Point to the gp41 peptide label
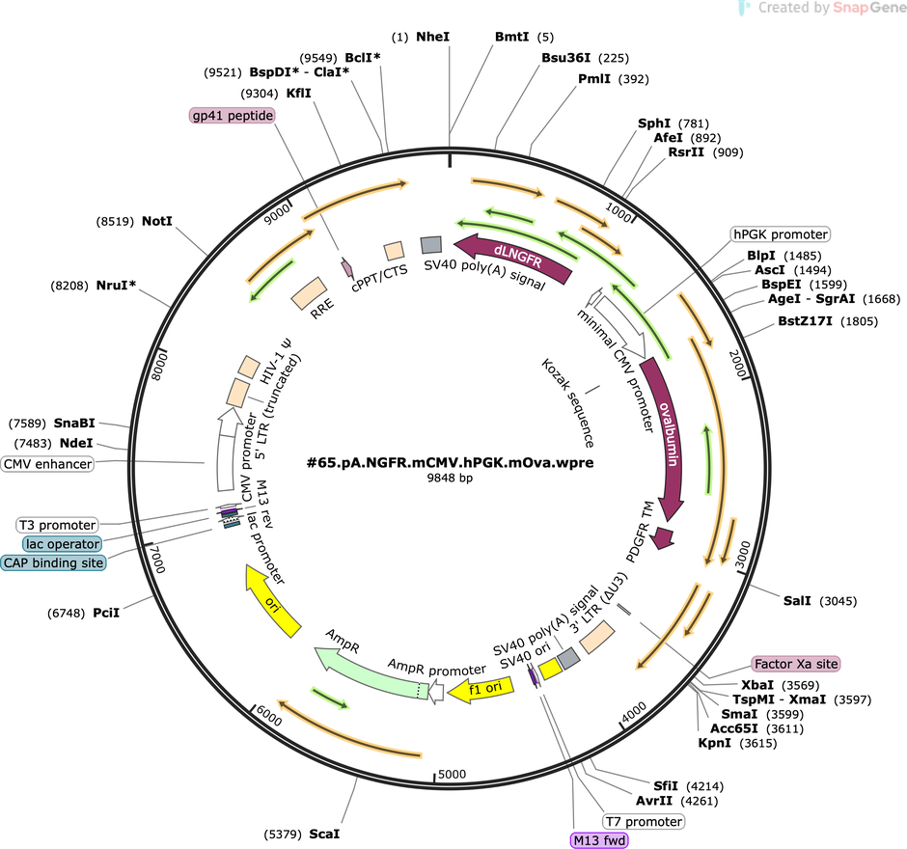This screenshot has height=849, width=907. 232,116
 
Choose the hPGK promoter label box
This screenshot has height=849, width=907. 781,234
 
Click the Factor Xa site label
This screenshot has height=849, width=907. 796,664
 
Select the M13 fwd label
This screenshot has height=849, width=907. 599,840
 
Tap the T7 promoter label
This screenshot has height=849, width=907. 644,821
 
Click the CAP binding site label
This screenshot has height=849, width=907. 54,562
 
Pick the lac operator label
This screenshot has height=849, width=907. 63,544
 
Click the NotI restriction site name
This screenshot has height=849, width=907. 157,222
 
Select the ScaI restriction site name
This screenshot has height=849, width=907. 324,834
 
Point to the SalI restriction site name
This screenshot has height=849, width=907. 797,601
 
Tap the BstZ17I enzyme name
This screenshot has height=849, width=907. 805,321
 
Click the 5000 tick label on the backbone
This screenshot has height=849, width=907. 452,775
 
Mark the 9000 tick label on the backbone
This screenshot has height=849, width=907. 277,214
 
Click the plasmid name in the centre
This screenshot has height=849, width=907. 450,463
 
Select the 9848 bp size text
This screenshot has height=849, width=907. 450,478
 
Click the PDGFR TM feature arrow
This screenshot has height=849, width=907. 662,537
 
